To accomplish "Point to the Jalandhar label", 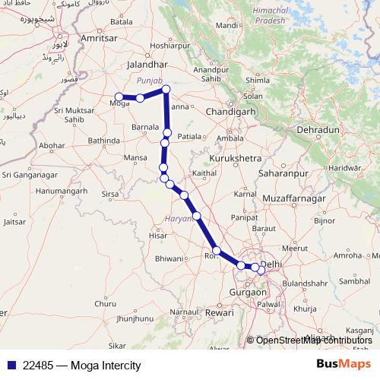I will [147, 65].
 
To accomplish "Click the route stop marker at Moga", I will [119, 97].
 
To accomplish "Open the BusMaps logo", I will [343, 365].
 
